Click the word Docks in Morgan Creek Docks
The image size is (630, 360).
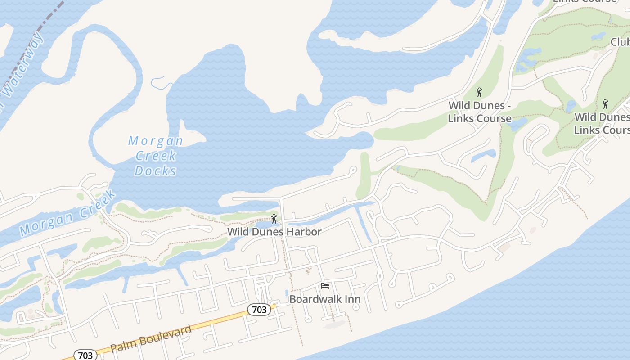[x=156, y=171]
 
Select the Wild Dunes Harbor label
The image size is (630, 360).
[x=274, y=232]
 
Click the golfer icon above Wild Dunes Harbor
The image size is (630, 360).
[x=274, y=219]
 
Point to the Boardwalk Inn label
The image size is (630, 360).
[x=325, y=299]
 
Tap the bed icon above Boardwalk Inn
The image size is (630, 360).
[x=325, y=286]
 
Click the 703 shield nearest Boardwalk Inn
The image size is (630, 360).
[x=259, y=309]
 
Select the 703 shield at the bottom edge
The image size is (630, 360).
[x=85, y=355]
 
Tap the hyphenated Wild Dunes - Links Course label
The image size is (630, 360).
[x=480, y=112]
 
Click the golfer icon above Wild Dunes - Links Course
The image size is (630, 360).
[x=479, y=93]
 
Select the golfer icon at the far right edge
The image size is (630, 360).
[x=605, y=104]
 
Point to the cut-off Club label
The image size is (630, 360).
[x=620, y=42]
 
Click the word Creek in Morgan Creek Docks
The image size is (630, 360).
[x=156, y=156]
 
